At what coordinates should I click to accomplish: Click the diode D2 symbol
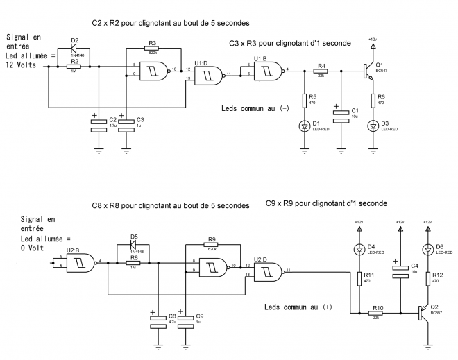pos(75,49)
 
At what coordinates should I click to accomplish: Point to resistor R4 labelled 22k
pos(321,71)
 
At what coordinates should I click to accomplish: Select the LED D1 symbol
pos(305,126)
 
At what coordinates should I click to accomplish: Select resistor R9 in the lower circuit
pos(211,245)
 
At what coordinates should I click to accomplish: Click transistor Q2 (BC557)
pos(422,314)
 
